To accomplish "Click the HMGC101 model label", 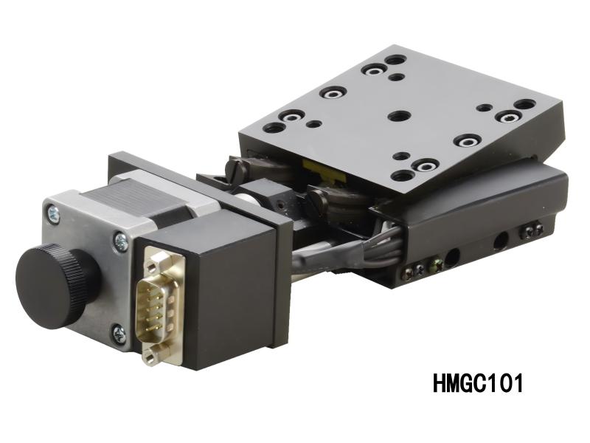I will coord(477,383).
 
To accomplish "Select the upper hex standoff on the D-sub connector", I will coord(153,259).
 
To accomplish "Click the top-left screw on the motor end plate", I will coord(53,213).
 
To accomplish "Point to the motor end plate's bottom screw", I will coord(119,335).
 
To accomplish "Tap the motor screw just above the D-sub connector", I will coord(119,239).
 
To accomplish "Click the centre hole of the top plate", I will coord(399,117).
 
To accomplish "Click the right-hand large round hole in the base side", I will coord(501,239).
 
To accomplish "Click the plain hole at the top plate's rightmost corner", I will coord(524,104).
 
